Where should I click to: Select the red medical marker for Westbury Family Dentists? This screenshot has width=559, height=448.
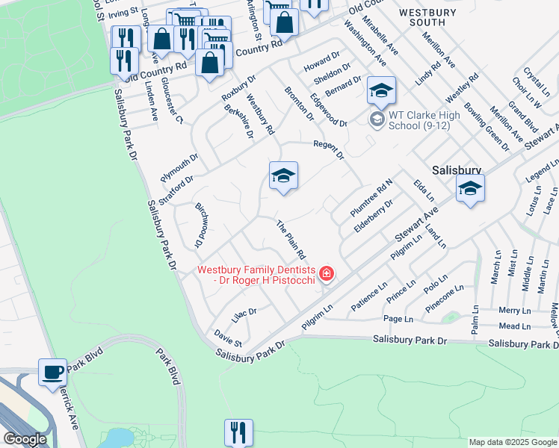click(326, 275)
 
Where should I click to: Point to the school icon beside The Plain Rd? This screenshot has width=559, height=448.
click(283, 177)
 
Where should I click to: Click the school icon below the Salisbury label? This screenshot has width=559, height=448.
click(470, 190)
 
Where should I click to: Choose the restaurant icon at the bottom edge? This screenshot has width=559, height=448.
click(238, 432)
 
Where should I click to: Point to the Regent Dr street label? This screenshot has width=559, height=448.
click(328, 149)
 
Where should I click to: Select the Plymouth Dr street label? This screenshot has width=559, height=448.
click(179, 169)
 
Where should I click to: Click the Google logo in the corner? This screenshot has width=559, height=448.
click(25, 439)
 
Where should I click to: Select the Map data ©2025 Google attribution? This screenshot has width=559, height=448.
click(512, 442)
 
